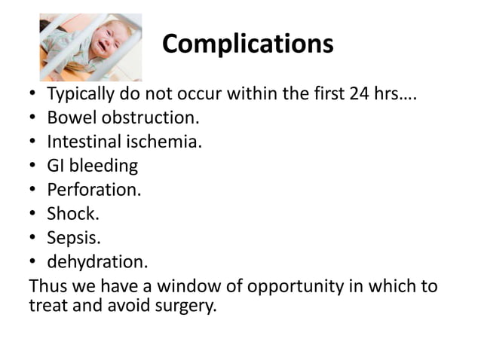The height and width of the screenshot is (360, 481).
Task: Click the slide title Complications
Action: pos(247,44)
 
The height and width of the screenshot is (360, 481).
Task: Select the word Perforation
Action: pos(93,190)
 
